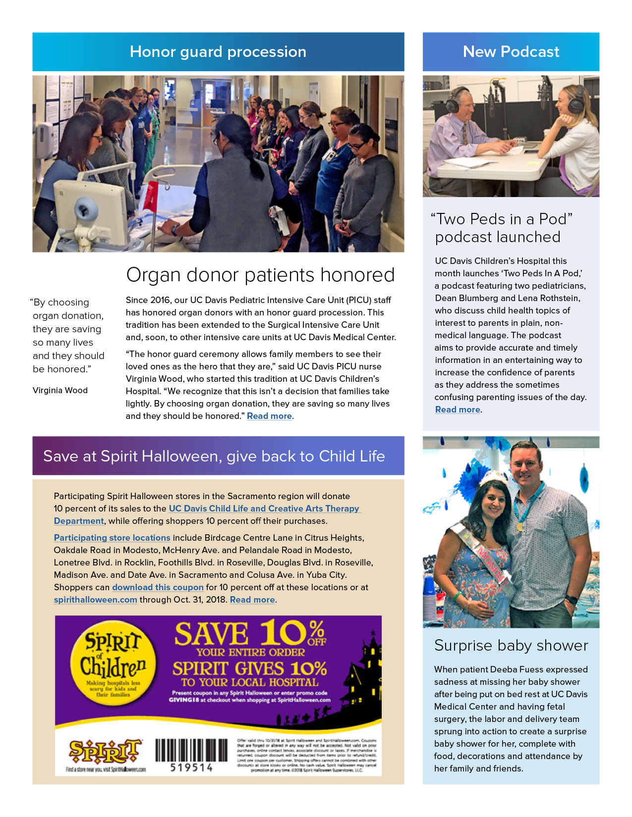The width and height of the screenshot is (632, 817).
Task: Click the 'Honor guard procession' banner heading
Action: click(x=218, y=52)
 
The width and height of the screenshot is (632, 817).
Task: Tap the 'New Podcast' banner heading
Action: click(x=511, y=52)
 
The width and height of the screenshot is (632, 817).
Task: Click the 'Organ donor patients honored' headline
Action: click(x=260, y=275)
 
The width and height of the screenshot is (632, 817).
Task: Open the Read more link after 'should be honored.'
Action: click(x=269, y=416)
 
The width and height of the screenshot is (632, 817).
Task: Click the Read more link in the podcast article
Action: click(x=458, y=410)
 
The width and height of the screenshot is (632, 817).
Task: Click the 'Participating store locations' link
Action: click(x=112, y=538)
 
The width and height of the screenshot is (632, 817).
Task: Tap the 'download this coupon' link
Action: click(x=158, y=587)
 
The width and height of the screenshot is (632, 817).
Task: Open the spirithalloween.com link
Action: click(x=95, y=600)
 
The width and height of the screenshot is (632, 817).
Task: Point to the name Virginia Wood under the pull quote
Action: click(x=60, y=391)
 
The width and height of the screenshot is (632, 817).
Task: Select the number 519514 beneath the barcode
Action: click(x=191, y=768)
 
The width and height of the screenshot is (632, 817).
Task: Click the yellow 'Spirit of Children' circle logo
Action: click(x=113, y=664)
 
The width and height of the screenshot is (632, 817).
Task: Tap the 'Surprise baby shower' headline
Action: click(x=511, y=646)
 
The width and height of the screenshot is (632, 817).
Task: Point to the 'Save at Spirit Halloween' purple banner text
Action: click(x=214, y=456)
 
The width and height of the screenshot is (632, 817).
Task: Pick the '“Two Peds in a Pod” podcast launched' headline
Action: click(x=501, y=228)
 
